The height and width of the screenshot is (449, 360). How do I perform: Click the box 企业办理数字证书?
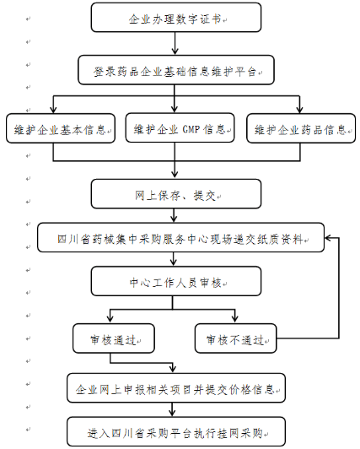[x=176, y=18]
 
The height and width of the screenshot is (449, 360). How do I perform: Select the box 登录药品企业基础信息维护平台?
[x=176, y=70]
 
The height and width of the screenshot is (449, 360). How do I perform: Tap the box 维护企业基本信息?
[x=61, y=128]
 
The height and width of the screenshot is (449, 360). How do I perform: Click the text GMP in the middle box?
[x=191, y=129]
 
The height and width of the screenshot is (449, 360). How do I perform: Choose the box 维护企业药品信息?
[x=301, y=128]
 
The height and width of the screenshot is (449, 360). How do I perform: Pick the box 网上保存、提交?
[x=176, y=194]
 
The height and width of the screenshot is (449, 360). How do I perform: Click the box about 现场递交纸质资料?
[x=180, y=238]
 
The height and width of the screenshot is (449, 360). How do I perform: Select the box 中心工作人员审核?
[x=176, y=281]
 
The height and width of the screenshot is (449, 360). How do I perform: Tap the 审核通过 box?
[x=114, y=338]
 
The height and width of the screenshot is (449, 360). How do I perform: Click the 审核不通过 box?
[x=235, y=338]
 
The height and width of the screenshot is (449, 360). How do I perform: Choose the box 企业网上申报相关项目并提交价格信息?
[x=176, y=388]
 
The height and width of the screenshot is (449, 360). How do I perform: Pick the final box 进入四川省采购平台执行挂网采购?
[x=176, y=431]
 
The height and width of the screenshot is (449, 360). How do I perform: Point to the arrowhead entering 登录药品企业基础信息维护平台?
[x=175, y=51]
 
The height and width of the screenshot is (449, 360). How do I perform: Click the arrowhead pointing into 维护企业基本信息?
[x=53, y=110]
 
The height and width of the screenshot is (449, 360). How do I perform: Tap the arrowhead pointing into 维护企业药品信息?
[x=299, y=110]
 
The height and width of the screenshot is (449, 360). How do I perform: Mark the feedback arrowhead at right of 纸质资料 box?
[x=328, y=238]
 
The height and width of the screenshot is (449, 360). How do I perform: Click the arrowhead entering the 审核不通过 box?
[x=235, y=320]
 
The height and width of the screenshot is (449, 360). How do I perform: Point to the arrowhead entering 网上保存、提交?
[x=175, y=176]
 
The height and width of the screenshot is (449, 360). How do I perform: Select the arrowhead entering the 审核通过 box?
[x=110, y=320]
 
